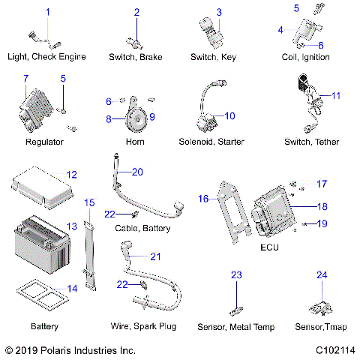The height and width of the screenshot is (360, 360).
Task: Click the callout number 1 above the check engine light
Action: click(x=48, y=12)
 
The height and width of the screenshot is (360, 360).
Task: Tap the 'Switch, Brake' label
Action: click(x=136, y=56)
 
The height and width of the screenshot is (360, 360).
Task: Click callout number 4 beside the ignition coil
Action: click(x=280, y=30)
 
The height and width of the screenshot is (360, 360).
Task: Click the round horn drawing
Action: click(x=134, y=115)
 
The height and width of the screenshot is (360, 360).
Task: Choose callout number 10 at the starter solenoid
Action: click(x=229, y=115)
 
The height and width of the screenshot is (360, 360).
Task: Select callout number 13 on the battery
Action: click(x=72, y=226)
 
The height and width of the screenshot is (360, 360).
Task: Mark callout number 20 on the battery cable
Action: click(x=157, y=172)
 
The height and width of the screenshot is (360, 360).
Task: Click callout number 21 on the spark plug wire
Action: click(x=156, y=256)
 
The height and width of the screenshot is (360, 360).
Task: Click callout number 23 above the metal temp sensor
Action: click(x=236, y=276)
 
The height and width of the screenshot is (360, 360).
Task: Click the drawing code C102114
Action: click(x=334, y=350)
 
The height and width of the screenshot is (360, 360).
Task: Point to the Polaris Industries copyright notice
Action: click(x=70, y=350)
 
